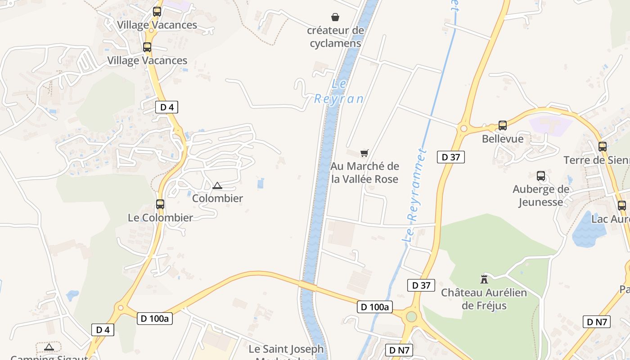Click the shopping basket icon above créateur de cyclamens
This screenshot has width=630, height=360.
click(335, 18)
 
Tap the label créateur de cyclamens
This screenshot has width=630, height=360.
click(335, 37)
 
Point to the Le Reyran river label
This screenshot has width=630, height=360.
click(339, 92)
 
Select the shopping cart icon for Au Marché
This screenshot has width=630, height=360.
click(364, 153)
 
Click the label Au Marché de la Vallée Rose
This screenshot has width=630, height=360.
click(365, 173)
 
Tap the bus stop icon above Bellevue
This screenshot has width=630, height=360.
click(503, 126)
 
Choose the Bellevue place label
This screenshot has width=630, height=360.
click(503, 139)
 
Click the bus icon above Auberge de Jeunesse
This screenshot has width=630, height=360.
click(541, 176)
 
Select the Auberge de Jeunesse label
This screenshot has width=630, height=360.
click(541, 195)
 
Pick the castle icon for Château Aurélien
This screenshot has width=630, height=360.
click(484, 279)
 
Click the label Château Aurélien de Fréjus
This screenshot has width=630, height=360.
click(484, 299)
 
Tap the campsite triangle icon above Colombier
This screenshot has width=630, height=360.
click(217, 185)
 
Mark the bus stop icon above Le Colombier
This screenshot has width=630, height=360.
click(160, 204)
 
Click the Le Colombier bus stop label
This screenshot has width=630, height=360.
click(160, 217)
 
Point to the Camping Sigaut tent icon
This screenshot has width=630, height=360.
click(49, 347)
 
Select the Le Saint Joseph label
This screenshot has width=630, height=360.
click(286, 349)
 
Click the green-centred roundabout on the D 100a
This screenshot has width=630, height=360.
click(411, 316)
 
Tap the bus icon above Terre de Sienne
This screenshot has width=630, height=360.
click(603, 147)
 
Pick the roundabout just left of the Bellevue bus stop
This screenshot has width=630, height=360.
click(463, 129)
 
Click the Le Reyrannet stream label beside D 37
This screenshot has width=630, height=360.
click(415, 196)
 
